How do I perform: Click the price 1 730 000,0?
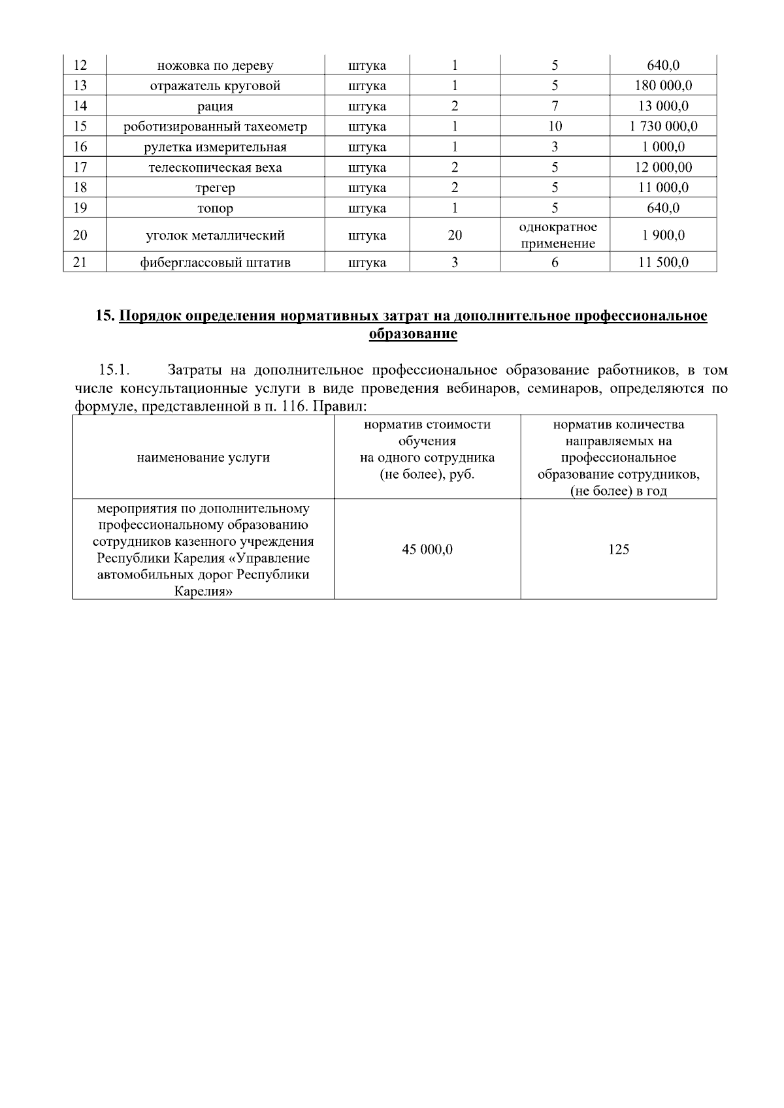(663, 127)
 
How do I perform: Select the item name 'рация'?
(215, 106)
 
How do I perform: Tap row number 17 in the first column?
(80, 167)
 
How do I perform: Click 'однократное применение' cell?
(557, 236)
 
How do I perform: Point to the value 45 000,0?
(427, 550)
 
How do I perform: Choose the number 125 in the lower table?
(618, 550)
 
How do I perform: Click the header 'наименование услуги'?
(203, 458)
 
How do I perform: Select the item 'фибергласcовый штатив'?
(215, 263)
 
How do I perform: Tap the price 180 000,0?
(663, 86)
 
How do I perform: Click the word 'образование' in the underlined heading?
(412, 334)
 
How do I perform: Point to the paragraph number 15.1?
(112, 371)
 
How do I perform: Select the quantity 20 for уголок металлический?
(455, 236)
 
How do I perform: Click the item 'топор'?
(215, 209)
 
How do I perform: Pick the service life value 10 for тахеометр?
(555, 127)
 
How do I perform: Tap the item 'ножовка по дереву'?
(215, 65)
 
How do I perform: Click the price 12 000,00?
(663, 168)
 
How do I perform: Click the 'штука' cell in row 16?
(367, 147)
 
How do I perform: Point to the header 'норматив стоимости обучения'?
(427, 433)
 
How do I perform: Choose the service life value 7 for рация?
(555, 106)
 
